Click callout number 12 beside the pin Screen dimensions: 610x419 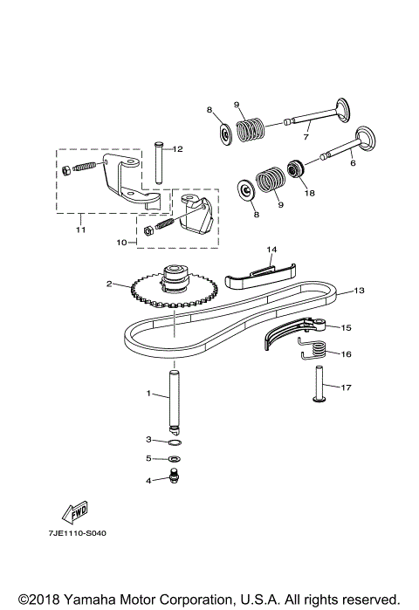pyautogui.click(x=177, y=149)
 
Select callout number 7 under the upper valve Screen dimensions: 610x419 pyautogui.click(x=306, y=136)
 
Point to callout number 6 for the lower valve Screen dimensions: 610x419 pyautogui.click(x=353, y=162)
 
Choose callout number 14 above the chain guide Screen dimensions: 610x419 pyautogui.click(x=271, y=250)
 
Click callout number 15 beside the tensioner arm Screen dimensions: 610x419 pyautogui.click(x=346, y=328)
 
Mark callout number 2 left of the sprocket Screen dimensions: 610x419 pyautogui.click(x=109, y=284)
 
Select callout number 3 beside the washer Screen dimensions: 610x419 pyautogui.click(x=148, y=439)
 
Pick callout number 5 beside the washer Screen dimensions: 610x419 pyautogui.click(x=148, y=458)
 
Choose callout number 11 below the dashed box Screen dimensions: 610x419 pyautogui.click(x=80, y=230)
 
